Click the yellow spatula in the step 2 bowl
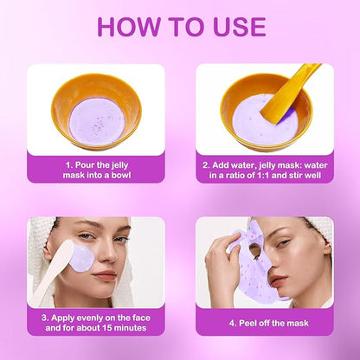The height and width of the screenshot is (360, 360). tap(289, 93)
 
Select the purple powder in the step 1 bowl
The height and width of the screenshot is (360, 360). tap(98, 122)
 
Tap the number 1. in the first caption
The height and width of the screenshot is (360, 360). tap(69, 165)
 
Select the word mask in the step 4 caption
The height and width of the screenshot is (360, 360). tap(298, 323)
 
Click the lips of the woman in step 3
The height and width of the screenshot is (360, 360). tap(104, 276)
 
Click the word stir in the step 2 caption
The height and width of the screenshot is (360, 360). tap(294, 175)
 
